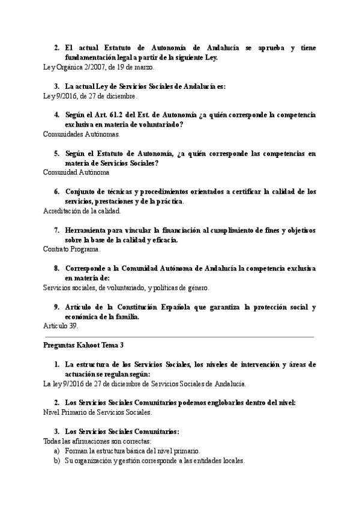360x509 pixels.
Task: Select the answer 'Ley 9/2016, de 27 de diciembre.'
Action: (x=91, y=95)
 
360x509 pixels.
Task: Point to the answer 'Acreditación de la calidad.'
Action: (x=82, y=211)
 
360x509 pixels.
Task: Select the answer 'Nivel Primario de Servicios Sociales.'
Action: (x=98, y=412)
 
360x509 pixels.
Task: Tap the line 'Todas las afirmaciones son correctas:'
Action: (x=94, y=441)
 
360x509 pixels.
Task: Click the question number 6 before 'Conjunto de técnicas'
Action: (x=56, y=192)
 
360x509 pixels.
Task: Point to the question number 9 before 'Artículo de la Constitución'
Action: (x=56, y=307)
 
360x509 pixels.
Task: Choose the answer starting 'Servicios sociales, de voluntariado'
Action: (x=126, y=288)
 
